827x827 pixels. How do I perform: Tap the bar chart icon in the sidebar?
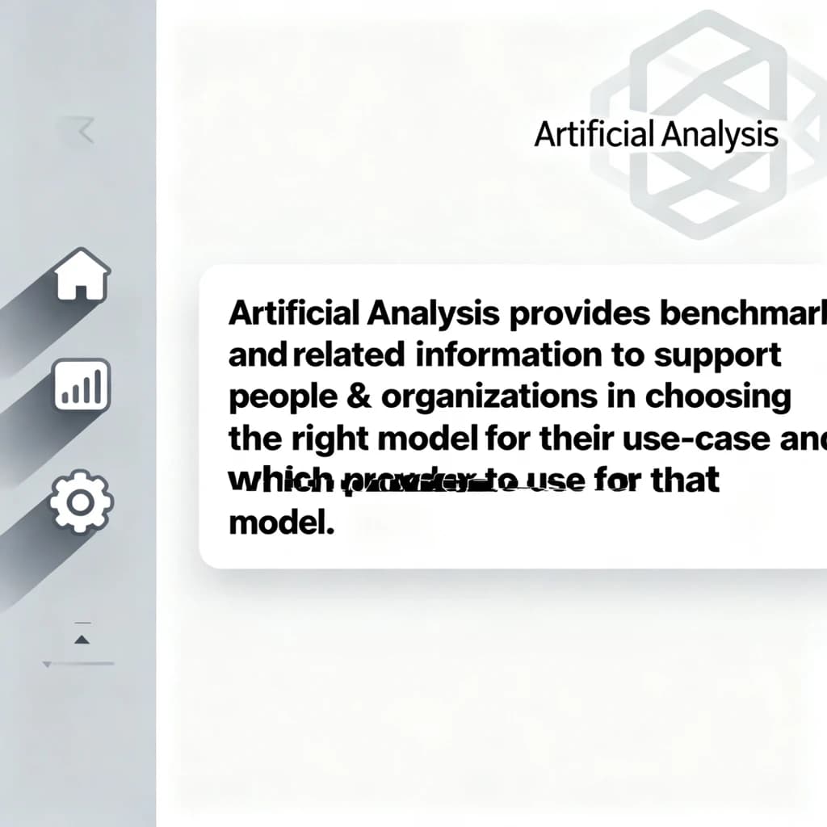coord(82,387)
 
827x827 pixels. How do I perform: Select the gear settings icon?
coord(82,501)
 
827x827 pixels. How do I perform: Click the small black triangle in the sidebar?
coord(81,640)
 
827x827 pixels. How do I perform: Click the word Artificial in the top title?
coord(594,135)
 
